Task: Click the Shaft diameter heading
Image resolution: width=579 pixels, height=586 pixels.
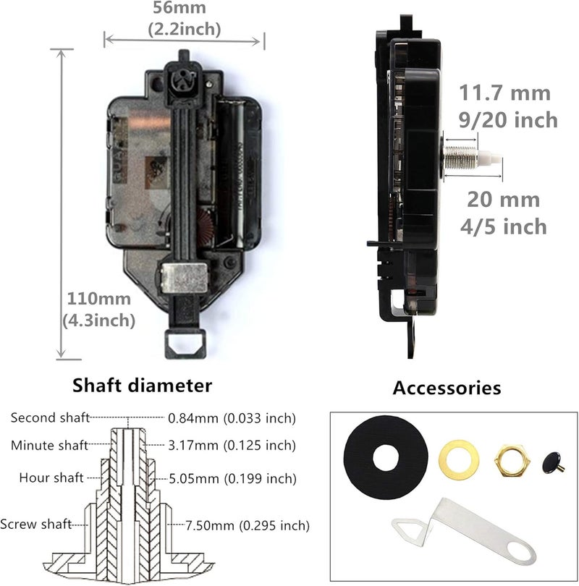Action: point(143,385)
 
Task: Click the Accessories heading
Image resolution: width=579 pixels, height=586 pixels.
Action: point(447,388)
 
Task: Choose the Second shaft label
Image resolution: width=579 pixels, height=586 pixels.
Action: point(50,417)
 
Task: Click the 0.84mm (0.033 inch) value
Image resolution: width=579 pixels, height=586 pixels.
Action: point(232,417)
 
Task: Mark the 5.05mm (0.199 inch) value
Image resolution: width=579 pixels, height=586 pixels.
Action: point(232,478)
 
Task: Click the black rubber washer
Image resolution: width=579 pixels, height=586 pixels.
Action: point(387,457)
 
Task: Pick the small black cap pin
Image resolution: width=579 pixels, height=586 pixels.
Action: point(554,459)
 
